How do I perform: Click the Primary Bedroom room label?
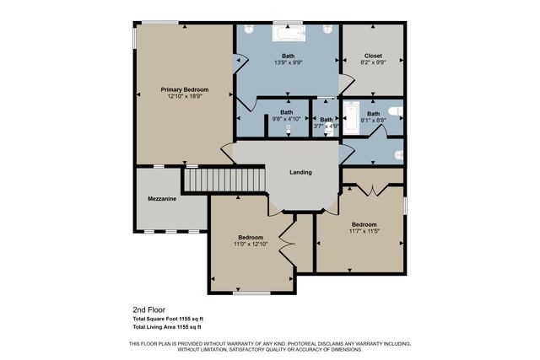click(184, 89)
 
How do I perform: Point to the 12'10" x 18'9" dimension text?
click(184, 96)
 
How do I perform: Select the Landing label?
click(300, 172)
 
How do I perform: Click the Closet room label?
click(373, 56)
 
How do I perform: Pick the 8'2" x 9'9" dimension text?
click(373, 63)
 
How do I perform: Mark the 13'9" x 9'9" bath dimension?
click(288, 63)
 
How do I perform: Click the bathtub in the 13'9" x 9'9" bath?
click(288, 33)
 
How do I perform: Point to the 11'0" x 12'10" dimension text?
click(251, 244)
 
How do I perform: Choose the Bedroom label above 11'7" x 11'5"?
click(364, 224)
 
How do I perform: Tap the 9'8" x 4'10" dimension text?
click(287, 119)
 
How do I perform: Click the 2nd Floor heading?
click(146, 309)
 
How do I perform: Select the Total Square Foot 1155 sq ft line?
click(167, 319)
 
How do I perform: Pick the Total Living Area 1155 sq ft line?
click(166, 326)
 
